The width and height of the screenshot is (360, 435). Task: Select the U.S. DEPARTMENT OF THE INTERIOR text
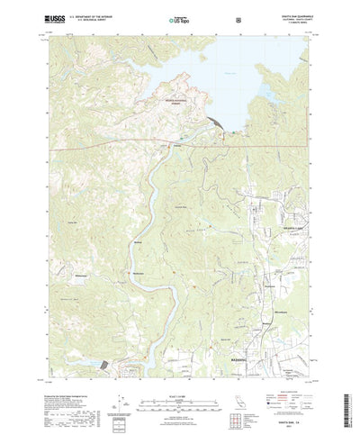coord(82,14)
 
